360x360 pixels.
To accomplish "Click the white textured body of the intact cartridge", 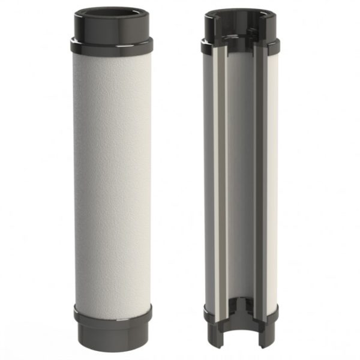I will [x=112, y=180].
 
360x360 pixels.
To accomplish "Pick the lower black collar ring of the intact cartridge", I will [x=112, y=313].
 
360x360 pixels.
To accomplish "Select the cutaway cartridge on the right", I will [x=240, y=180].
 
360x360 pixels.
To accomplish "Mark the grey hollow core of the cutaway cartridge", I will [x=240, y=180].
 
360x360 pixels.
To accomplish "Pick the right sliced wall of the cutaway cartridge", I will [x=259, y=180].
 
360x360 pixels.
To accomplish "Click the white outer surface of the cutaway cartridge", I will [x=272, y=180].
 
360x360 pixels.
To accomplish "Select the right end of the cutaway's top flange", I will [x=276, y=46].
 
